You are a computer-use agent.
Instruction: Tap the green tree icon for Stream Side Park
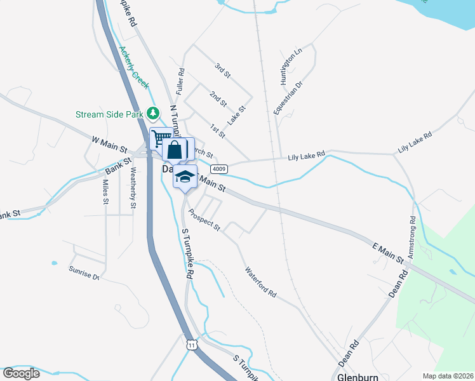(x=152, y=114)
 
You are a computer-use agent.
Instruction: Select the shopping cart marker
(x=161, y=138)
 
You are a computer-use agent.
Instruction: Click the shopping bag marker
(x=175, y=150)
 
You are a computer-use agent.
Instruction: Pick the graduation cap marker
(x=185, y=177)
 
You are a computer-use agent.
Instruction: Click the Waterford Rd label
(x=261, y=283)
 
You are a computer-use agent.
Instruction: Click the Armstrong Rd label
(x=412, y=237)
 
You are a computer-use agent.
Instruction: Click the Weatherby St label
(x=133, y=187)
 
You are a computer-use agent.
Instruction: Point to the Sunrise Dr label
(x=84, y=273)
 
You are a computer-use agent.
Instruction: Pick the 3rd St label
(x=222, y=70)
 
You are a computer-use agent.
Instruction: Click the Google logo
(x=22, y=373)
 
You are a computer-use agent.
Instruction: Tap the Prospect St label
(x=204, y=218)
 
